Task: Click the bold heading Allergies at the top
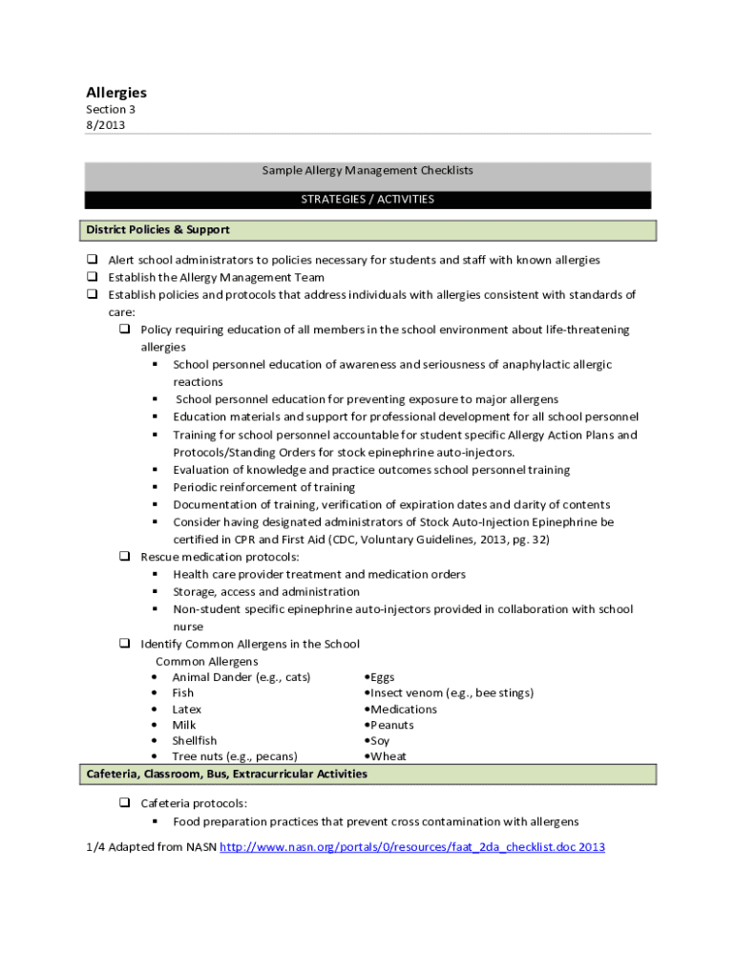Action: [x=116, y=93]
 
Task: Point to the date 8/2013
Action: [x=105, y=124]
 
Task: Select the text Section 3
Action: [x=111, y=109]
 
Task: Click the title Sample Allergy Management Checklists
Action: [x=367, y=171]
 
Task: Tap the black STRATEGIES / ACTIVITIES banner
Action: [x=367, y=200]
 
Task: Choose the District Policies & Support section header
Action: [x=157, y=230]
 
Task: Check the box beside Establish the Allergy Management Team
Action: [x=93, y=277]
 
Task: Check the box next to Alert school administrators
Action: [x=93, y=260]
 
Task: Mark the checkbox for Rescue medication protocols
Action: [x=125, y=556]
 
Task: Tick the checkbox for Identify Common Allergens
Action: [x=125, y=644]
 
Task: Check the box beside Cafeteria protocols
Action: [x=125, y=803]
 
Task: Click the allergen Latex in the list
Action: [x=186, y=710]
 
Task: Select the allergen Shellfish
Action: [x=194, y=741]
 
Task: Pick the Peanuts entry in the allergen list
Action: [x=391, y=725]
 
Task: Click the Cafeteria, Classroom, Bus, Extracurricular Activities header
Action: [x=226, y=774]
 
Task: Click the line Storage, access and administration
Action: [x=265, y=592]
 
